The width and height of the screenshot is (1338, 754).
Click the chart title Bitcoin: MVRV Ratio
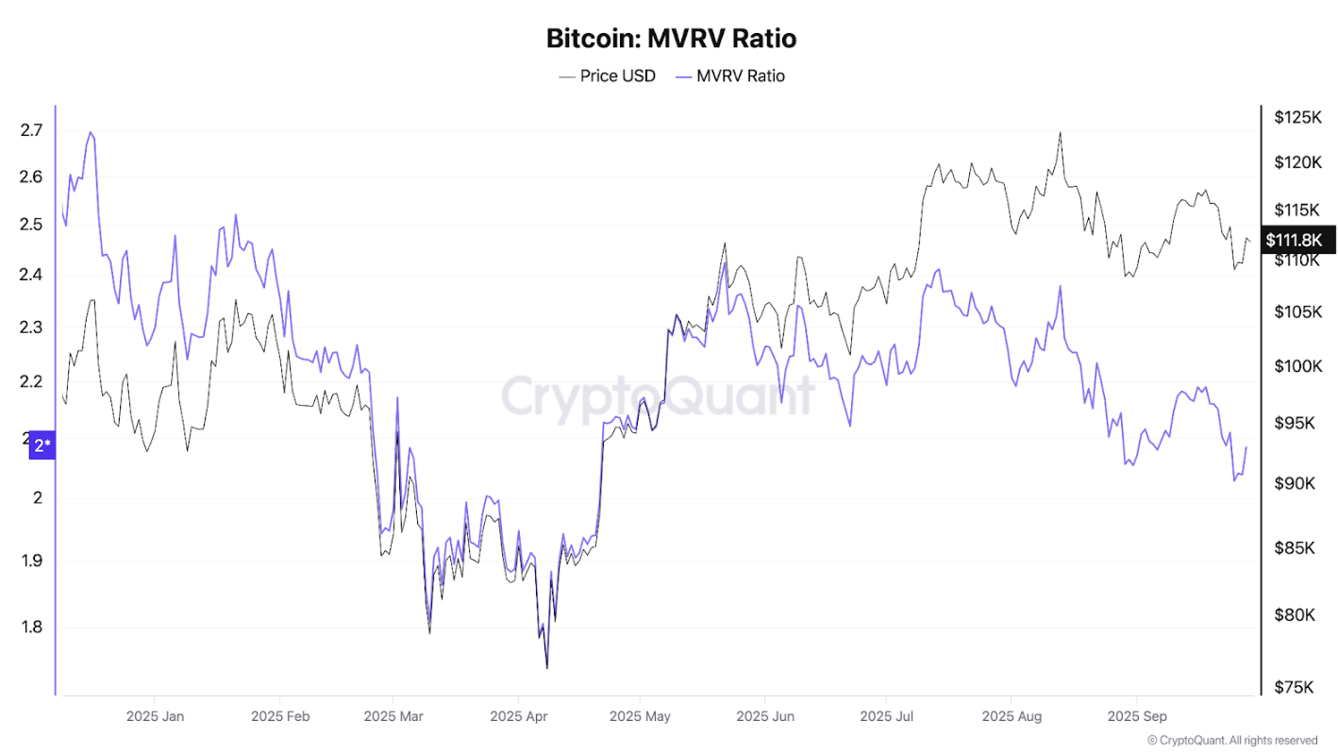(x=671, y=39)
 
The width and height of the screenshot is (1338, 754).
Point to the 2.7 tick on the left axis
(x=31, y=130)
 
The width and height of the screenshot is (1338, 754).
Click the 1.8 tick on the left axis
(x=31, y=627)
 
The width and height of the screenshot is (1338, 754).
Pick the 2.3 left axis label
(x=31, y=328)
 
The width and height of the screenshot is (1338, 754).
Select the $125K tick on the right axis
(x=1298, y=118)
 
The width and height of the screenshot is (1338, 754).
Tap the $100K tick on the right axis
(x=1298, y=366)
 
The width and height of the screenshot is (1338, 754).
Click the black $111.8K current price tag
(x=1299, y=241)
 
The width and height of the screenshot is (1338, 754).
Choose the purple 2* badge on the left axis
(x=42, y=445)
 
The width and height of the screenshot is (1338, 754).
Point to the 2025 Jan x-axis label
(x=155, y=716)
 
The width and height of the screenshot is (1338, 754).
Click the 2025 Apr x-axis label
(x=519, y=716)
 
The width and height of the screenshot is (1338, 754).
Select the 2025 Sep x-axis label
(x=1136, y=716)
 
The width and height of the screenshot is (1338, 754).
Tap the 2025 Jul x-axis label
(x=888, y=716)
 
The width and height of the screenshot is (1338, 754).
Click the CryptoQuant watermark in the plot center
(x=658, y=395)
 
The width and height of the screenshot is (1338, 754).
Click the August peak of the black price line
(x=1060, y=133)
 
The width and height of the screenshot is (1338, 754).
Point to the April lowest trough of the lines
(x=547, y=667)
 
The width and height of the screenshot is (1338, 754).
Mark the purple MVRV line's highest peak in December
(x=91, y=132)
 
